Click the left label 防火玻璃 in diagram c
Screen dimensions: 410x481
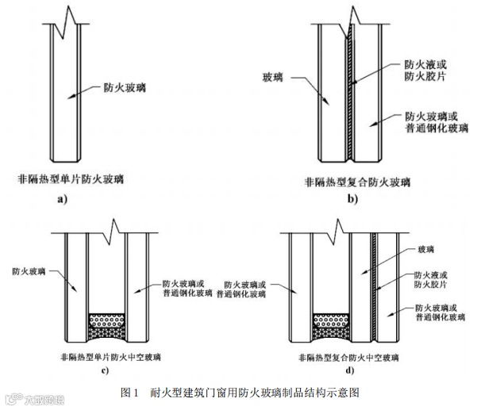click(28, 271)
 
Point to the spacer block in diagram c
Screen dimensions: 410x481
click(108, 322)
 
